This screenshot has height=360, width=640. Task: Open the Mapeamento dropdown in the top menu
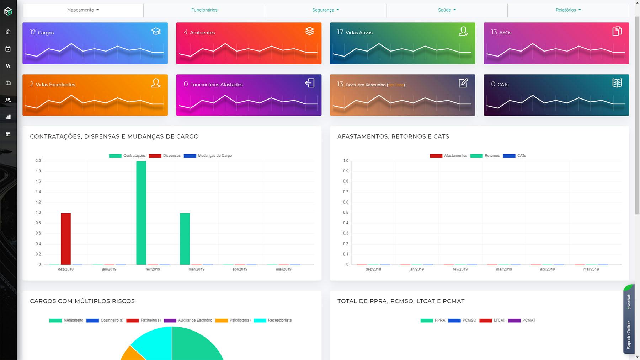coord(83,10)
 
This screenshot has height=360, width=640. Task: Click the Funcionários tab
coord(204,10)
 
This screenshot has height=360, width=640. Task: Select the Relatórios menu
coord(568,10)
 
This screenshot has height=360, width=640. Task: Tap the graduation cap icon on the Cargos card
coord(156,31)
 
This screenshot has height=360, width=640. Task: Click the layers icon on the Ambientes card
coord(309,31)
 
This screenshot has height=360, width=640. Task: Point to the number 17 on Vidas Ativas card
coord(340,32)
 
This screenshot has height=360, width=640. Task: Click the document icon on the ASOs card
coord(617,31)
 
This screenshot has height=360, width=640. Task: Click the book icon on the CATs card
coord(617,83)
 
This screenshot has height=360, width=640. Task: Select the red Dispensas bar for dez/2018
coord(66,238)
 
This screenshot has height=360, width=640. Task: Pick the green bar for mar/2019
coord(185,238)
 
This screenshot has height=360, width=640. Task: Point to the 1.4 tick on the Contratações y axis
coord(38,192)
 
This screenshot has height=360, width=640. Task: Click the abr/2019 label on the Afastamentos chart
coord(547,269)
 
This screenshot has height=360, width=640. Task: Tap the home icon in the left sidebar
coord(8,32)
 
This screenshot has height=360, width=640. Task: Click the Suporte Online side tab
coord(629,334)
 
